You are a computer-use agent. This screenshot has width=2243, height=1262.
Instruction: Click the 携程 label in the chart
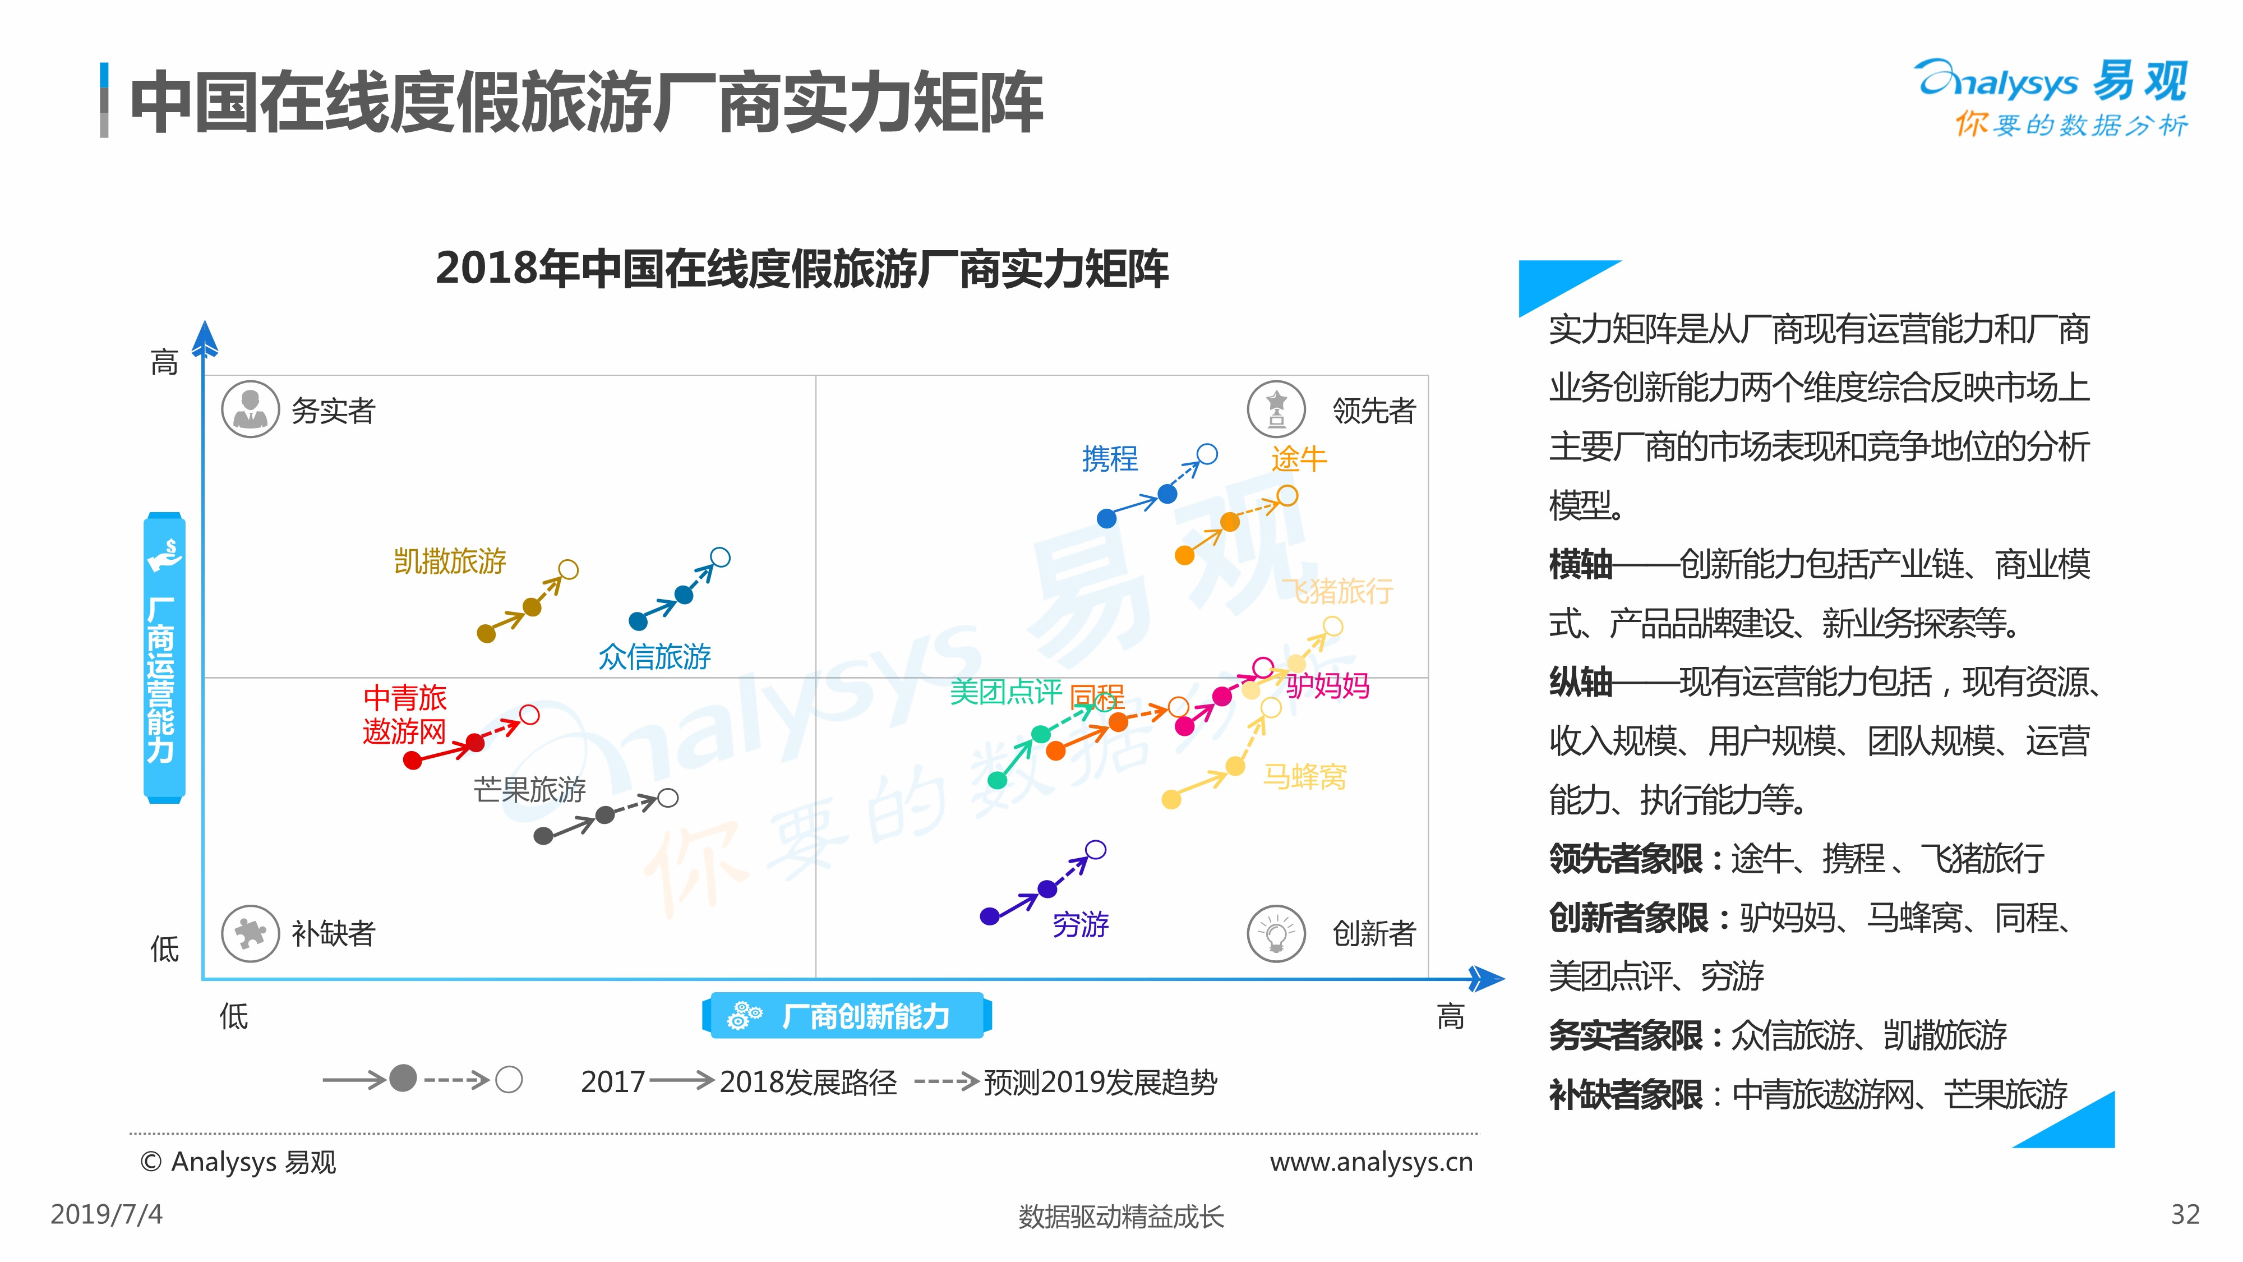tap(1109, 458)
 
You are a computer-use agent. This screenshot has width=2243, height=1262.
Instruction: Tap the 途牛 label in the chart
tap(1298, 458)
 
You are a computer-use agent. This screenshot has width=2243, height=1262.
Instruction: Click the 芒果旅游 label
tap(529, 789)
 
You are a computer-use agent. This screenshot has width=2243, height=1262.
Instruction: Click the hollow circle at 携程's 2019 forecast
tap(1207, 454)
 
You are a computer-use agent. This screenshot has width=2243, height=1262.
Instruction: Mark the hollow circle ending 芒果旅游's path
tap(668, 798)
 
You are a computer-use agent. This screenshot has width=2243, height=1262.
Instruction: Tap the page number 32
tap(2185, 1214)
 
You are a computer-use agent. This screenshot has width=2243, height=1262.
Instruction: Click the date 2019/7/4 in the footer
tap(106, 1214)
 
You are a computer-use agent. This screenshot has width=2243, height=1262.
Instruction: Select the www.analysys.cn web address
tap(1370, 1162)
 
